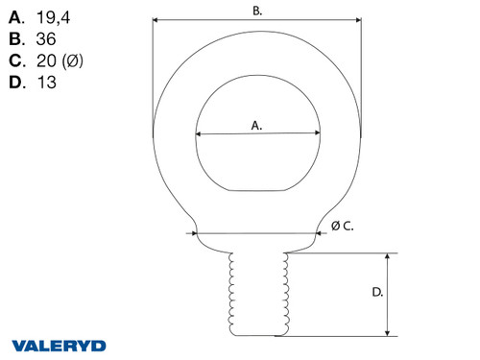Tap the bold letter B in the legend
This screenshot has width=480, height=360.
click(14, 40)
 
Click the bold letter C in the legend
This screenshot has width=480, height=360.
click(14, 61)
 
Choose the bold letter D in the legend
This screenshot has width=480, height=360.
click(14, 83)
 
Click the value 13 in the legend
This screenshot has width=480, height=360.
click(47, 83)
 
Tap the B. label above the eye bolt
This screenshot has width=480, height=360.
click(257, 11)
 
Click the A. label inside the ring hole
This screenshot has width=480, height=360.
click(256, 125)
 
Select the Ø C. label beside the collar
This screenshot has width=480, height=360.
click(343, 226)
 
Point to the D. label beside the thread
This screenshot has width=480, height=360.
click(377, 292)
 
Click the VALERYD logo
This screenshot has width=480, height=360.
click(60, 345)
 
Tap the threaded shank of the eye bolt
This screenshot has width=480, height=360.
click(256, 293)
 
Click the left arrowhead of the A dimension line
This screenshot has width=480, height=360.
click(199, 134)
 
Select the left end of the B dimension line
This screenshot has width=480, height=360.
click(154, 19)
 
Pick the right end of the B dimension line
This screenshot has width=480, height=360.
click(361, 19)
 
